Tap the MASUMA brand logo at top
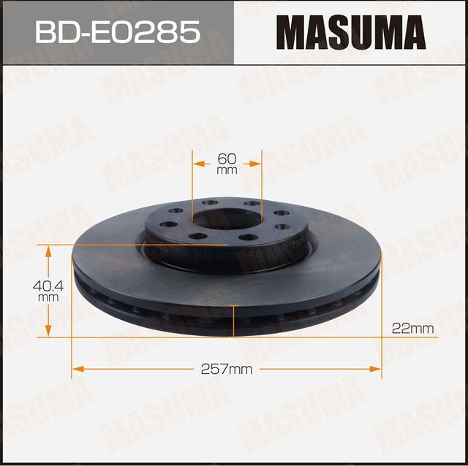click(x=350, y=33)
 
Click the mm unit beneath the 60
click(x=227, y=171)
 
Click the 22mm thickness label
click(x=412, y=329)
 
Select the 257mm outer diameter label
click(x=226, y=370)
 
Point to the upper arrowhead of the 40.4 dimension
click(x=49, y=251)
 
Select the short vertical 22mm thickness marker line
click(x=233, y=322)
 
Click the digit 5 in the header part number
click(x=190, y=33)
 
